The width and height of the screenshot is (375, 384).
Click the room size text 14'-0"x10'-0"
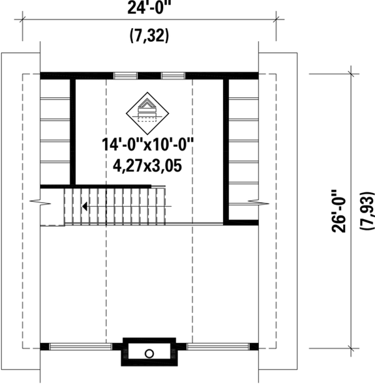click(x=149, y=144)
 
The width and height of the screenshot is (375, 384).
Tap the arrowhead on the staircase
click(x=85, y=207)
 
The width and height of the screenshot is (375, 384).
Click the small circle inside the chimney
click(x=149, y=353)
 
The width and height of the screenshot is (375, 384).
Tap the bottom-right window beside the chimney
click(x=215, y=347)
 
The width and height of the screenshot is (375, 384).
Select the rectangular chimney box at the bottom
click(x=149, y=352)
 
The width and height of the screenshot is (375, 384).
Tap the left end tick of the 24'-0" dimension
click(x=23, y=20)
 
